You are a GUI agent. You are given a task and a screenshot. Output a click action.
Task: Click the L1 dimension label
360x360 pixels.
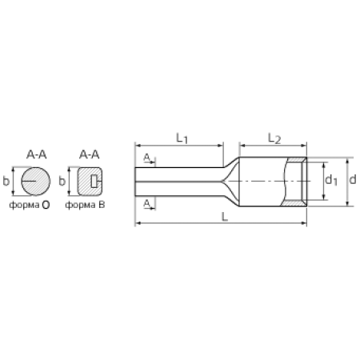point(182,138)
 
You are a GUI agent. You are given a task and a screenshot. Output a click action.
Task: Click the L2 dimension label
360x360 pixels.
point(274,138)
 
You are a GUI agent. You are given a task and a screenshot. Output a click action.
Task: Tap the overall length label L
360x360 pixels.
point(225,217)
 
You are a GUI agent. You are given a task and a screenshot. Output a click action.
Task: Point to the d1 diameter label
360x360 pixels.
point(331,180)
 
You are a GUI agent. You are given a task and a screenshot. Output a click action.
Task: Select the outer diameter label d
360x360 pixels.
point(353,179)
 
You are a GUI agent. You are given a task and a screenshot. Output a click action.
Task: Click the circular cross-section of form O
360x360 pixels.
point(36,182)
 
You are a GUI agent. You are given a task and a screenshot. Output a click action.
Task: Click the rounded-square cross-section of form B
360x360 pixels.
point(90,182)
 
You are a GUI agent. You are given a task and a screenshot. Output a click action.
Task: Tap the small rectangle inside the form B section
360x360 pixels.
point(94,182)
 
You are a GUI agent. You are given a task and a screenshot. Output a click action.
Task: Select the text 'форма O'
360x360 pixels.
point(30,205)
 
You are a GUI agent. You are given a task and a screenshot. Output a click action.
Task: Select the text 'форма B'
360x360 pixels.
point(85,205)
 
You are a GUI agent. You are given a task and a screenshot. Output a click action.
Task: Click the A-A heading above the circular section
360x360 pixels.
point(36,154)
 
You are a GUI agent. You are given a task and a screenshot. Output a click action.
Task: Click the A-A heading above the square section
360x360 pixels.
point(90,154)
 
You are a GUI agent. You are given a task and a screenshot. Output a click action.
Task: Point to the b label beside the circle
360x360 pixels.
point(6,181)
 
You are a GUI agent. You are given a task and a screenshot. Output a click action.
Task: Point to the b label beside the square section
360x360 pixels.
point(62,182)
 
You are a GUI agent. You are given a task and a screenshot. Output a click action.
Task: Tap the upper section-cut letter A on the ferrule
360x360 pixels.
point(147,158)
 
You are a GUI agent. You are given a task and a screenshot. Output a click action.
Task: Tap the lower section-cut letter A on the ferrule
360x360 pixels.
point(147,204)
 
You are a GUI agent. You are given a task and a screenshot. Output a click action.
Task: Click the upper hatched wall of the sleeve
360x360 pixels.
point(296,159)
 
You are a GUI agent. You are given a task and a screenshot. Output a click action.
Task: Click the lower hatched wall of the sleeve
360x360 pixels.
point(294,203)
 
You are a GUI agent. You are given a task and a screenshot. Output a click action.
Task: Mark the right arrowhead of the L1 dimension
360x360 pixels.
point(221,146)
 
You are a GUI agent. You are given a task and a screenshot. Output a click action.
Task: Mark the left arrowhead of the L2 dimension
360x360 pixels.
point(242,146)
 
